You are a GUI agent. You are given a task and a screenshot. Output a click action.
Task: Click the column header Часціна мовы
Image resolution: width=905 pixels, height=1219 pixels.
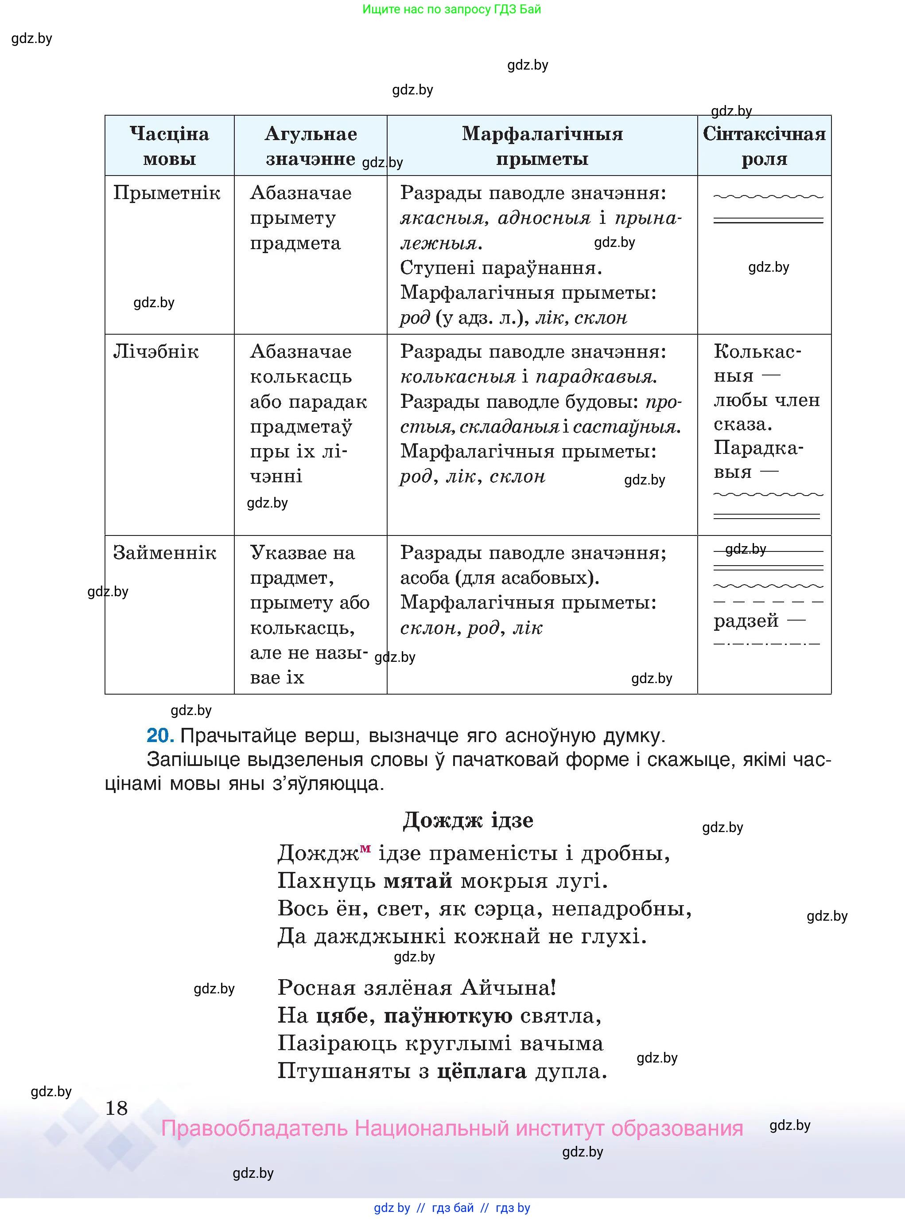click(x=169, y=146)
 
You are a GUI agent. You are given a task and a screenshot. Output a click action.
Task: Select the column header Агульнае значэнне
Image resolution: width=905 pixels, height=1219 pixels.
click(x=311, y=146)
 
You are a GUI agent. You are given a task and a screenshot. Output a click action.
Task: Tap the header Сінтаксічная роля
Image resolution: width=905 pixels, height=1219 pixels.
click(x=764, y=146)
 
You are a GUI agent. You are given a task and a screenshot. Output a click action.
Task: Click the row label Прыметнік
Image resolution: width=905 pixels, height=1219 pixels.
click(x=167, y=193)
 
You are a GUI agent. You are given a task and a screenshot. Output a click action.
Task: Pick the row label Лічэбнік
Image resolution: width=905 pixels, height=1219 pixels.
click(x=155, y=352)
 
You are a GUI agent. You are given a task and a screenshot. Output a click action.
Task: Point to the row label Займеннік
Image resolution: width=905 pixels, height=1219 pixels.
click(x=164, y=552)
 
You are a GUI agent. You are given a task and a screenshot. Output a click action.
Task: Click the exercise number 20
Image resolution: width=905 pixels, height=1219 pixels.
click(x=160, y=735)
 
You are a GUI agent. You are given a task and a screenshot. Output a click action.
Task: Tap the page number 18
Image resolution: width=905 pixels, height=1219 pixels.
click(x=116, y=1108)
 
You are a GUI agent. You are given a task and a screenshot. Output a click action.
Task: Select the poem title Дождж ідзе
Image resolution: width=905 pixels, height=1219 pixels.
click(x=468, y=820)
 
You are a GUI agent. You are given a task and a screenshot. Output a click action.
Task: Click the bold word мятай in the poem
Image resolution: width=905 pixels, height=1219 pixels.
click(x=417, y=881)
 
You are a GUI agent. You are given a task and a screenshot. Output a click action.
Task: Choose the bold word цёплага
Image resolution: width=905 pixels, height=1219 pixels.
click(x=482, y=1071)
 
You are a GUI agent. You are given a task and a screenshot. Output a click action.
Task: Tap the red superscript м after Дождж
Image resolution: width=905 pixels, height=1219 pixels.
click(x=365, y=848)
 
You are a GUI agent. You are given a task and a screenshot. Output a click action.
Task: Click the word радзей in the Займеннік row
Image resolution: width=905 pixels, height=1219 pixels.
click(x=746, y=621)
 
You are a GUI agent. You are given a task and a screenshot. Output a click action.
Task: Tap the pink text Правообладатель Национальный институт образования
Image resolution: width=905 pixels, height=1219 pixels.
click(x=451, y=1128)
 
